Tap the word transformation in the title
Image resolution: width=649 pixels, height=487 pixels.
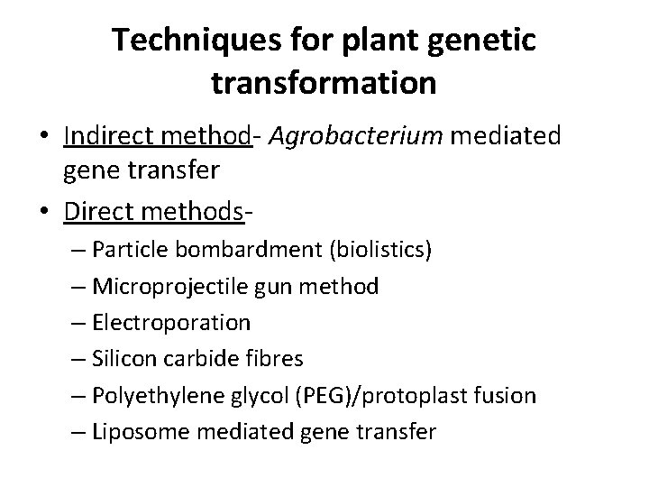[324, 83]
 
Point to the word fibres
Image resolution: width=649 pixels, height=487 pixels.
[275, 358]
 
